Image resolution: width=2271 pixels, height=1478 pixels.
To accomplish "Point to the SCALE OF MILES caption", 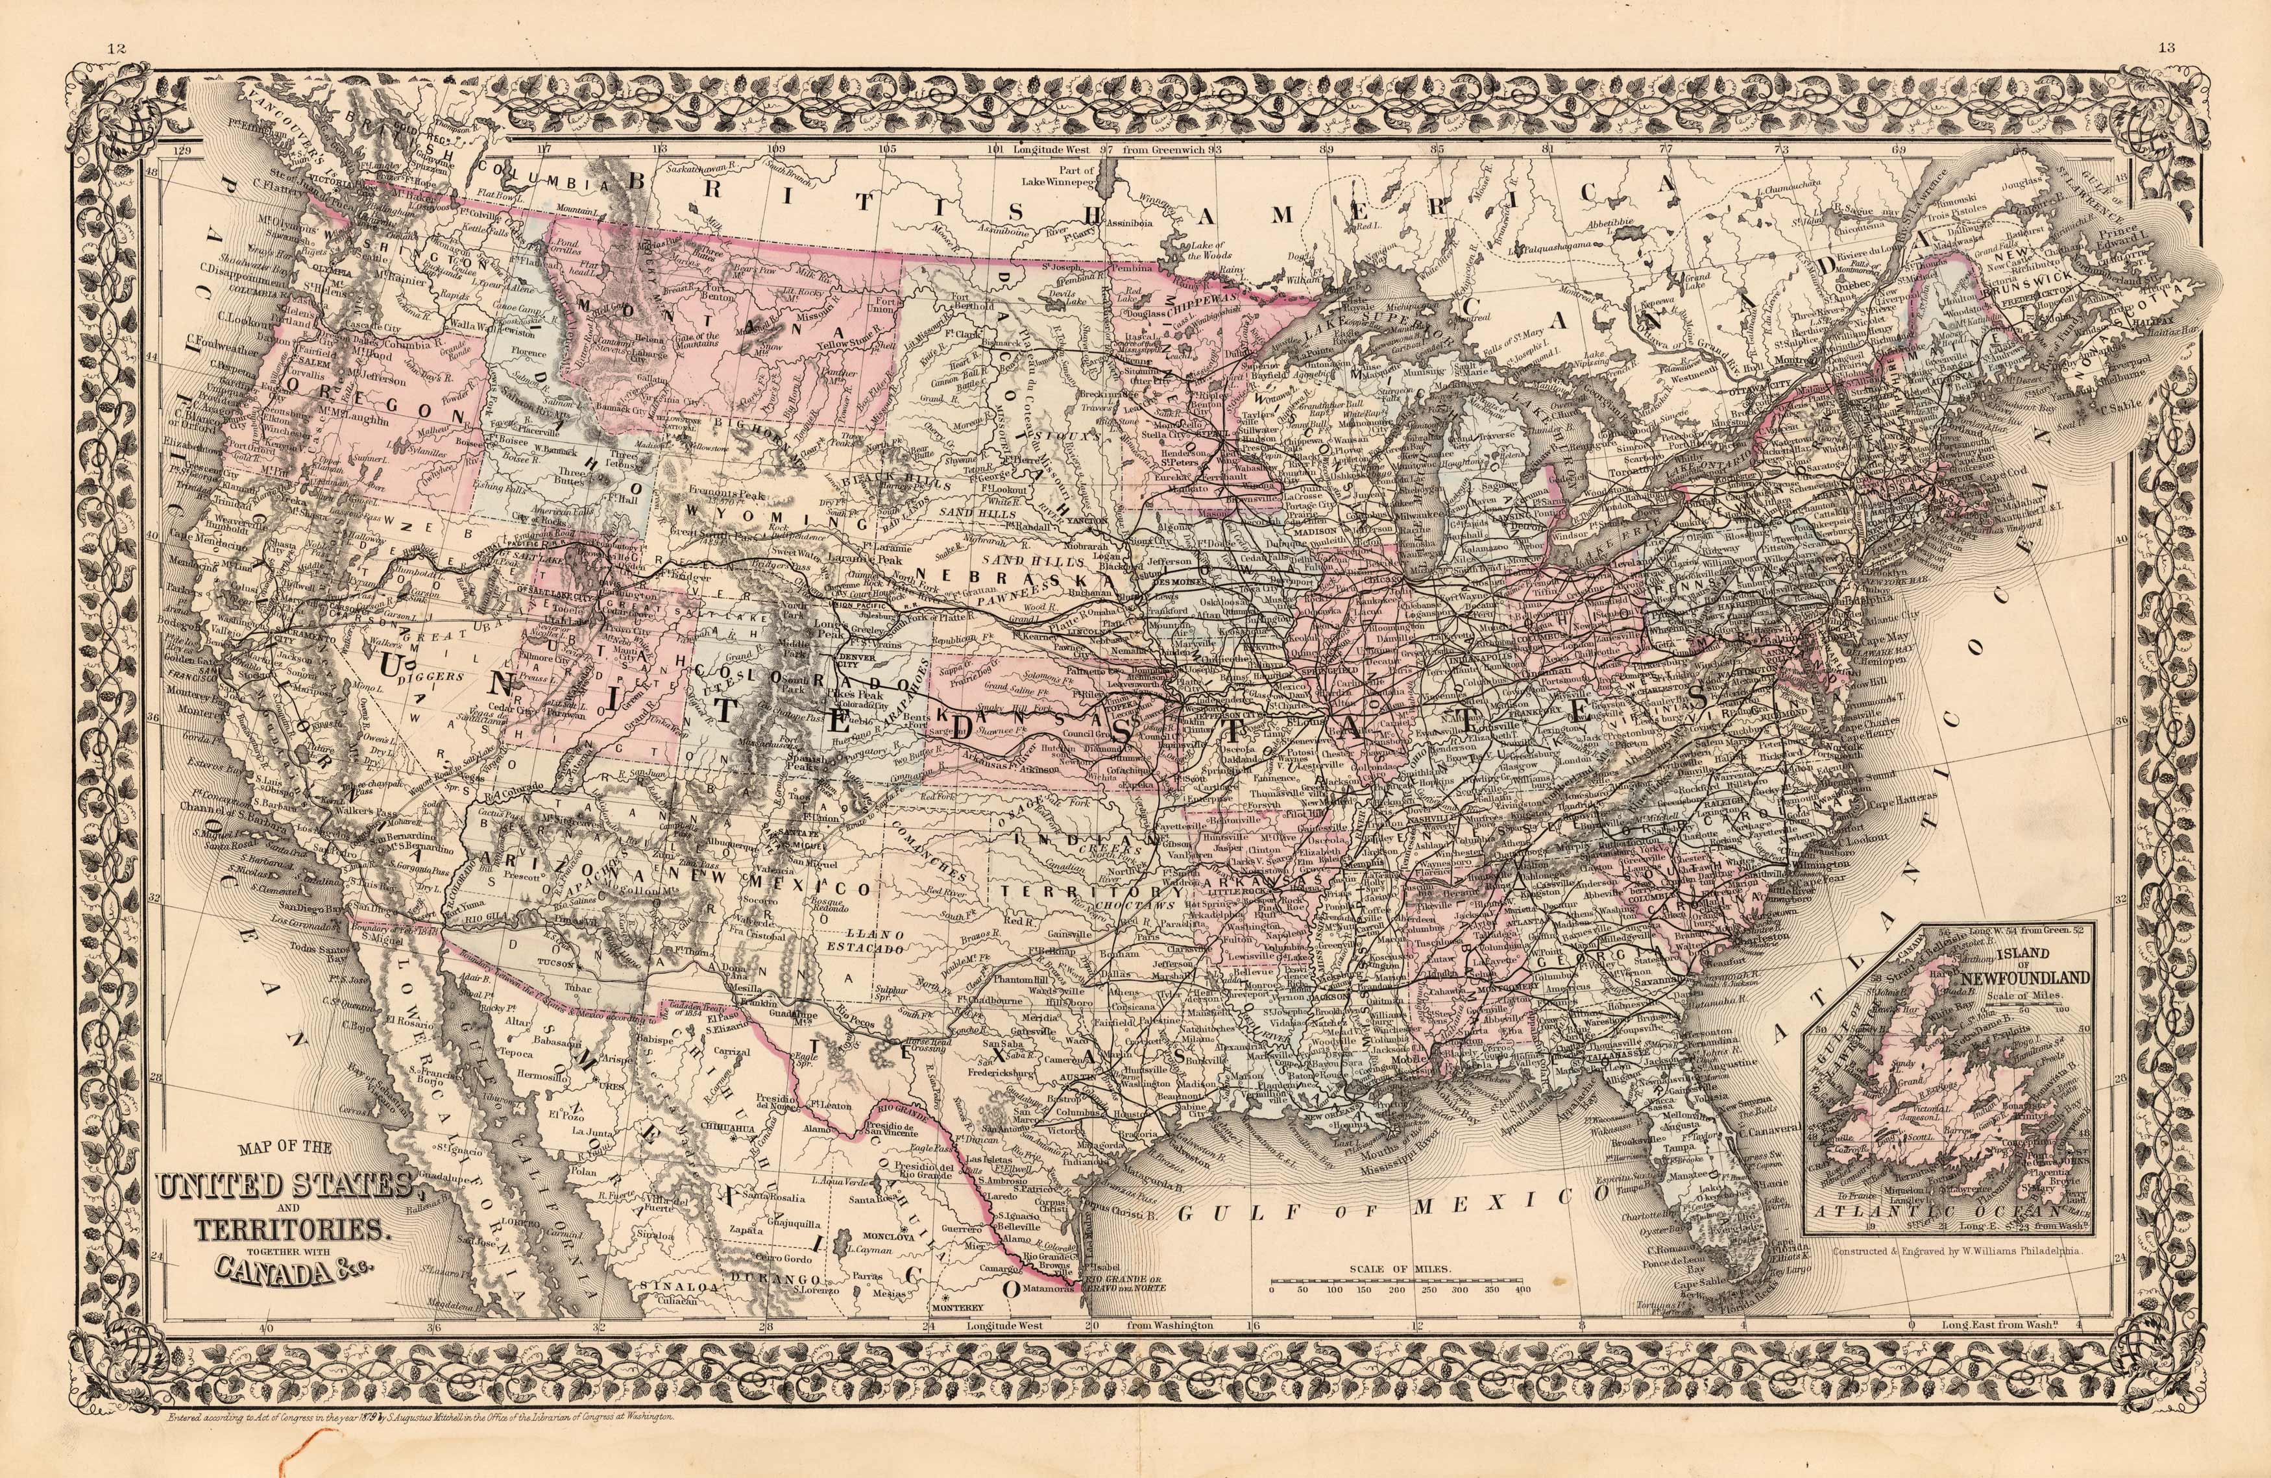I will pos(1400,1269).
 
